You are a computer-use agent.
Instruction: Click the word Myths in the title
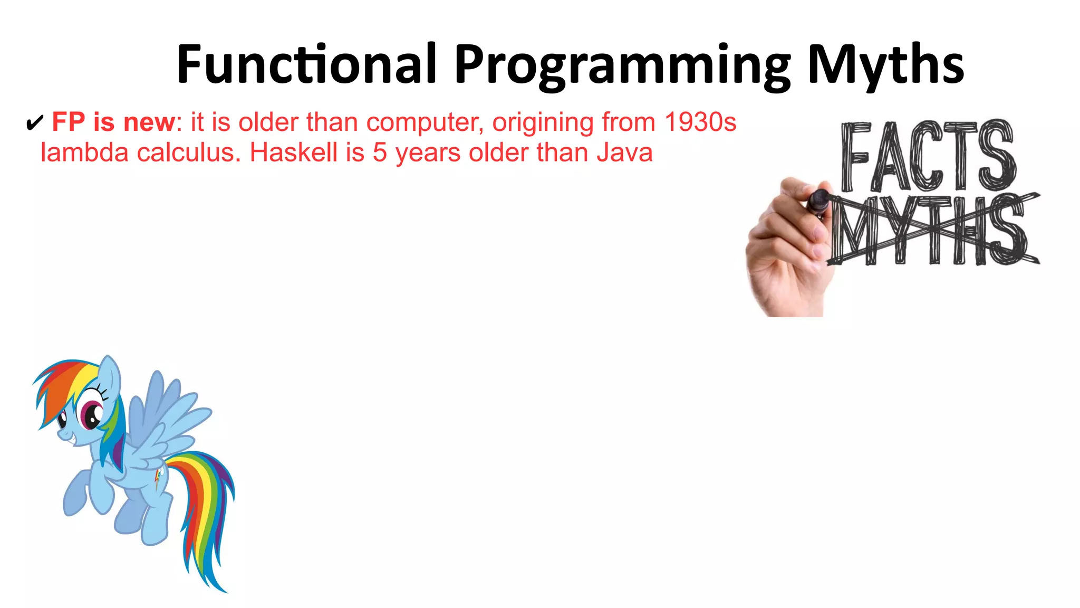885,64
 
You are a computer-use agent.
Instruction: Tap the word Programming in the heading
622,66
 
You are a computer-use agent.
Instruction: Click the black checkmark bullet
34,123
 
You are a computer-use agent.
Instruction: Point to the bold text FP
69,122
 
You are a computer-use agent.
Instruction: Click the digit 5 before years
380,153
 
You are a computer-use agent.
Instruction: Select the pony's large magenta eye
92,414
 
